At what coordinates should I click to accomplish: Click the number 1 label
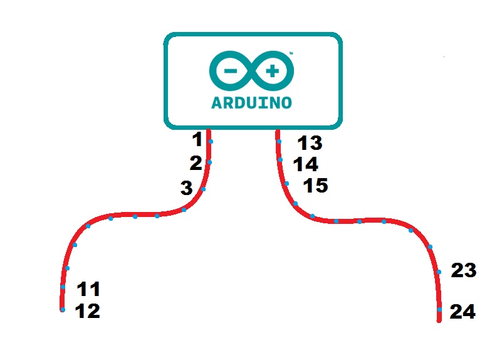click(x=197, y=139)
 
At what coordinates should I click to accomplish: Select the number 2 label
click(x=196, y=163)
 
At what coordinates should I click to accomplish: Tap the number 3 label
click(x=186, y=188)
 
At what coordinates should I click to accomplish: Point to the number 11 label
click(x=88, y=290)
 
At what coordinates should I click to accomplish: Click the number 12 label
click(x=87, y=311)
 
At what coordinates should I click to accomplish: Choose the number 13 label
click(x=310, y=144)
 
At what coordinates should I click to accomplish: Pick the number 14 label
click(x=306, y=164)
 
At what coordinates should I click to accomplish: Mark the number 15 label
click(x=315, y=186)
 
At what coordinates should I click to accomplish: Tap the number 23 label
click(x=464, y=271)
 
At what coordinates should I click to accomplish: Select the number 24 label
click(x=463, y=312)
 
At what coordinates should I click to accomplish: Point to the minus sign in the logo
click(x=230, y=72)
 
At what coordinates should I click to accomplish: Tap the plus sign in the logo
click(x=273, y=72)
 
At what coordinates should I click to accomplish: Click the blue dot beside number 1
click(x=211, y=142)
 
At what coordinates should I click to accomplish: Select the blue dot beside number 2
click(x=209, y=162)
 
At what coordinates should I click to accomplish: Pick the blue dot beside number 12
click(x=63, y=309)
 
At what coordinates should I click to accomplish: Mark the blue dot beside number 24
click(x=440, y=310)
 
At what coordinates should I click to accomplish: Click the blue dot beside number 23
click(x=439, y=272)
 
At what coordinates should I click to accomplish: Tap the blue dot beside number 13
click(x=280, y=142)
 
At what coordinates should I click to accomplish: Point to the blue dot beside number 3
click(x=203, y=189)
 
